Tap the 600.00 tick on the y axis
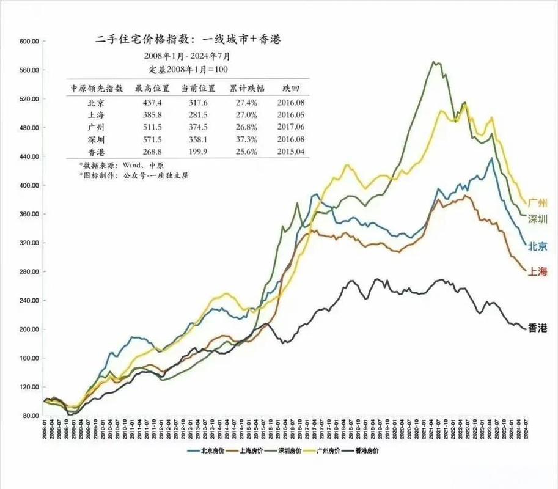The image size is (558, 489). click(x=29, y=42)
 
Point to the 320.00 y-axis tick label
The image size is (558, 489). click(x=29, y=243)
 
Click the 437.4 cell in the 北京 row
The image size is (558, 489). click(x=147, y=102)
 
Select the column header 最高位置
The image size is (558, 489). click(x=147, y=88)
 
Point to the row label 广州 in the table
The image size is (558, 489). click(x=96, y=127)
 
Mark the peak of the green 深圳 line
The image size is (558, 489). click(x=433, y=62)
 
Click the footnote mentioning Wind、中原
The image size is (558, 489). click(x=111, y=166)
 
